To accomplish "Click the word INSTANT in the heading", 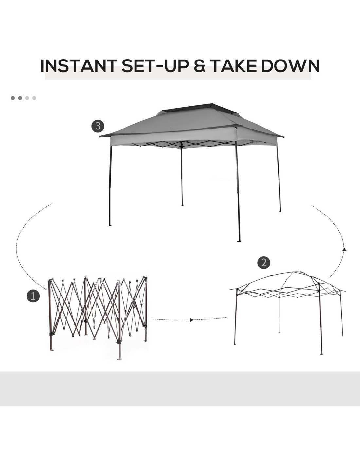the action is [79, 65].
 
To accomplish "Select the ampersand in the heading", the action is [200, 65].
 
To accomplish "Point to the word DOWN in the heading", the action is [290, 65].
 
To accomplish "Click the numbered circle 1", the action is [33, 296].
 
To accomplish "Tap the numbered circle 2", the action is [264, 262].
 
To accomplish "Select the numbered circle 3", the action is [98, 126].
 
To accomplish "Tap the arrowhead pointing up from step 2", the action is [344, 250].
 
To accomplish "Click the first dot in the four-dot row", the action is [13, 98].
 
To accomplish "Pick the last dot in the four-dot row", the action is [34, 98].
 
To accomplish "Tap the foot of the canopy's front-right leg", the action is [239, 241].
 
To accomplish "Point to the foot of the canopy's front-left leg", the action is [110, 225].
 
